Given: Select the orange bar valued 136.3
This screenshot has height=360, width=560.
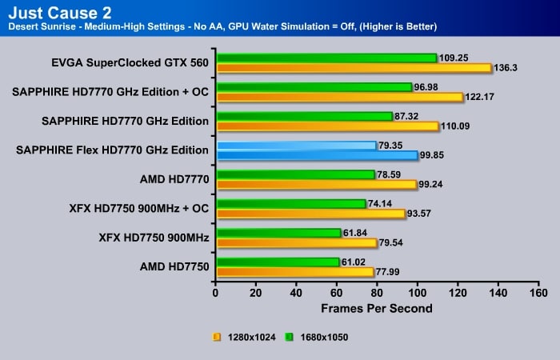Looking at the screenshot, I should pos(353,68).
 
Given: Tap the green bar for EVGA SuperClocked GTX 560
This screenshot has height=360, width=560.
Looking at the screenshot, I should pos(326,58).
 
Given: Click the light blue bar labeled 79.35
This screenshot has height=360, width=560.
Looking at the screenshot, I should pos(296,146).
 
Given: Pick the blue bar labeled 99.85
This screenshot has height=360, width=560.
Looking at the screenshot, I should pos(317,155).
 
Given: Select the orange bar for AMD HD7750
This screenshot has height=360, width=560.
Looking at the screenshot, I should pos(294,272).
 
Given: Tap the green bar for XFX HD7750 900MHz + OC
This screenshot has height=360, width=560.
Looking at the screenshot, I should pos(290,204).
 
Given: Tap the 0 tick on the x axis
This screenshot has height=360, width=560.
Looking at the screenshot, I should pos(215,293).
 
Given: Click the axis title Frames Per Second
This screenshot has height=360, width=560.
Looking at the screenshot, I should pos(377,308).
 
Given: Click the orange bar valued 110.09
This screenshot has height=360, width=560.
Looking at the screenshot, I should pos(327,126).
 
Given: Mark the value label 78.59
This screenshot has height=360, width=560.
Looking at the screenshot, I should pos(392,174).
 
